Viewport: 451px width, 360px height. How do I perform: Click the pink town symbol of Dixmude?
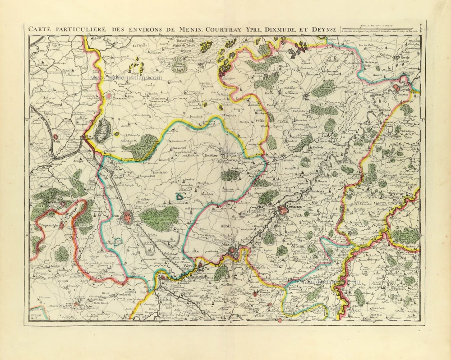(x=109, y=96)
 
